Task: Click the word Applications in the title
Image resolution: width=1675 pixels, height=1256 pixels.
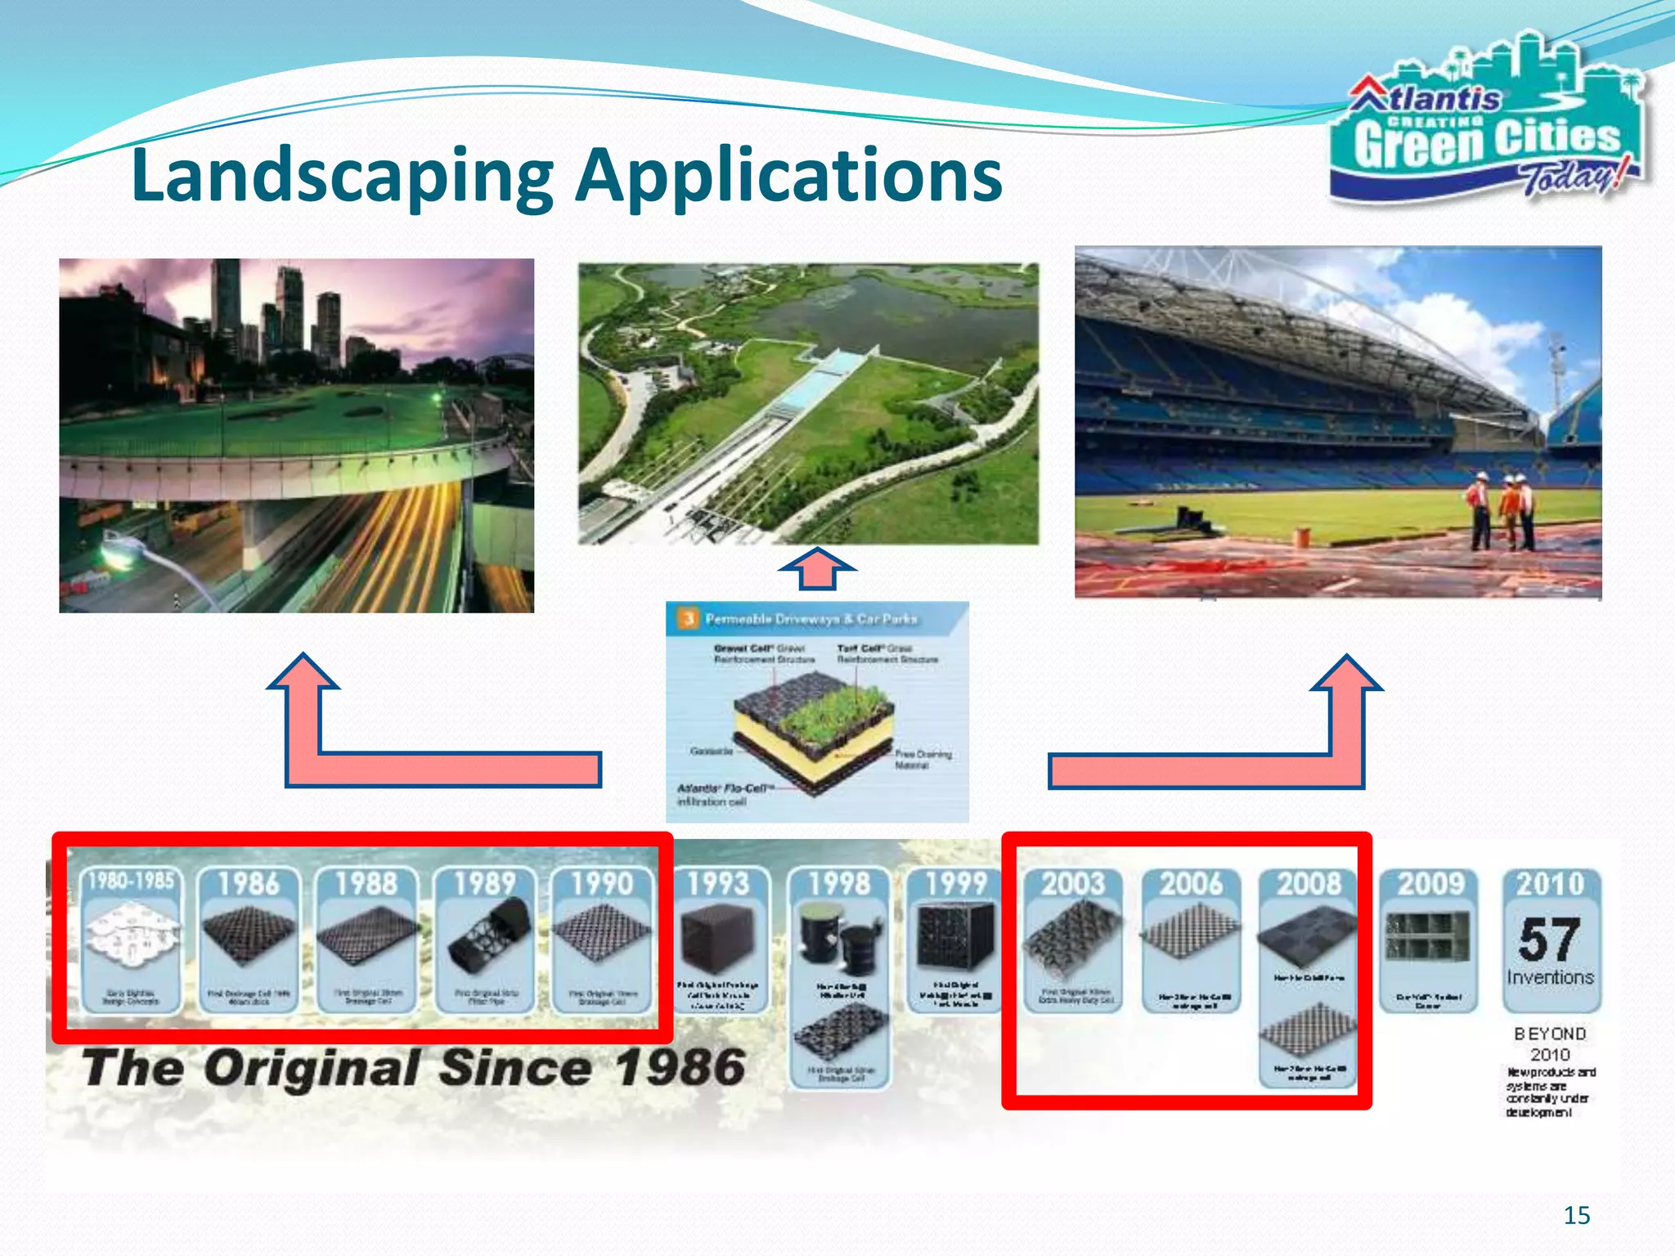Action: pos(788,176)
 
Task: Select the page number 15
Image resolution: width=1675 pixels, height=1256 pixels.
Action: pos(1576,1215)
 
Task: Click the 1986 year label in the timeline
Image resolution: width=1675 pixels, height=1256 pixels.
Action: pos(249,884)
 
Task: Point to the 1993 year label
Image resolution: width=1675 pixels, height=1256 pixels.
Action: pos(718,884)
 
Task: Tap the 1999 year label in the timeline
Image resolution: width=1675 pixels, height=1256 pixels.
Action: pos(956,884)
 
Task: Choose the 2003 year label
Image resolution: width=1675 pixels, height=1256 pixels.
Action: pos(1073,884)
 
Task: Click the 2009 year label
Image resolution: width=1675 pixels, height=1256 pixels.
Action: pos(1430,884)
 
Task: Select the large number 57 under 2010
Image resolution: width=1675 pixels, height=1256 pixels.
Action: pos(1549,940)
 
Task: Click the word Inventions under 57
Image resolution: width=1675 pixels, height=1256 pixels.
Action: pos(1550,977)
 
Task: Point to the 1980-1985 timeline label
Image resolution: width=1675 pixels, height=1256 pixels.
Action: pos(131,881)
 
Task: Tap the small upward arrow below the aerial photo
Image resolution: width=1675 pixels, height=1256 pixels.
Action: pos(817,568)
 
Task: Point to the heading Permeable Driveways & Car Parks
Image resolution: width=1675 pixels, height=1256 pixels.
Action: pos(811,619)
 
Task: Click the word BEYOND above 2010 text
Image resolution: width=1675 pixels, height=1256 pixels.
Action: pos(1549,1034)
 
